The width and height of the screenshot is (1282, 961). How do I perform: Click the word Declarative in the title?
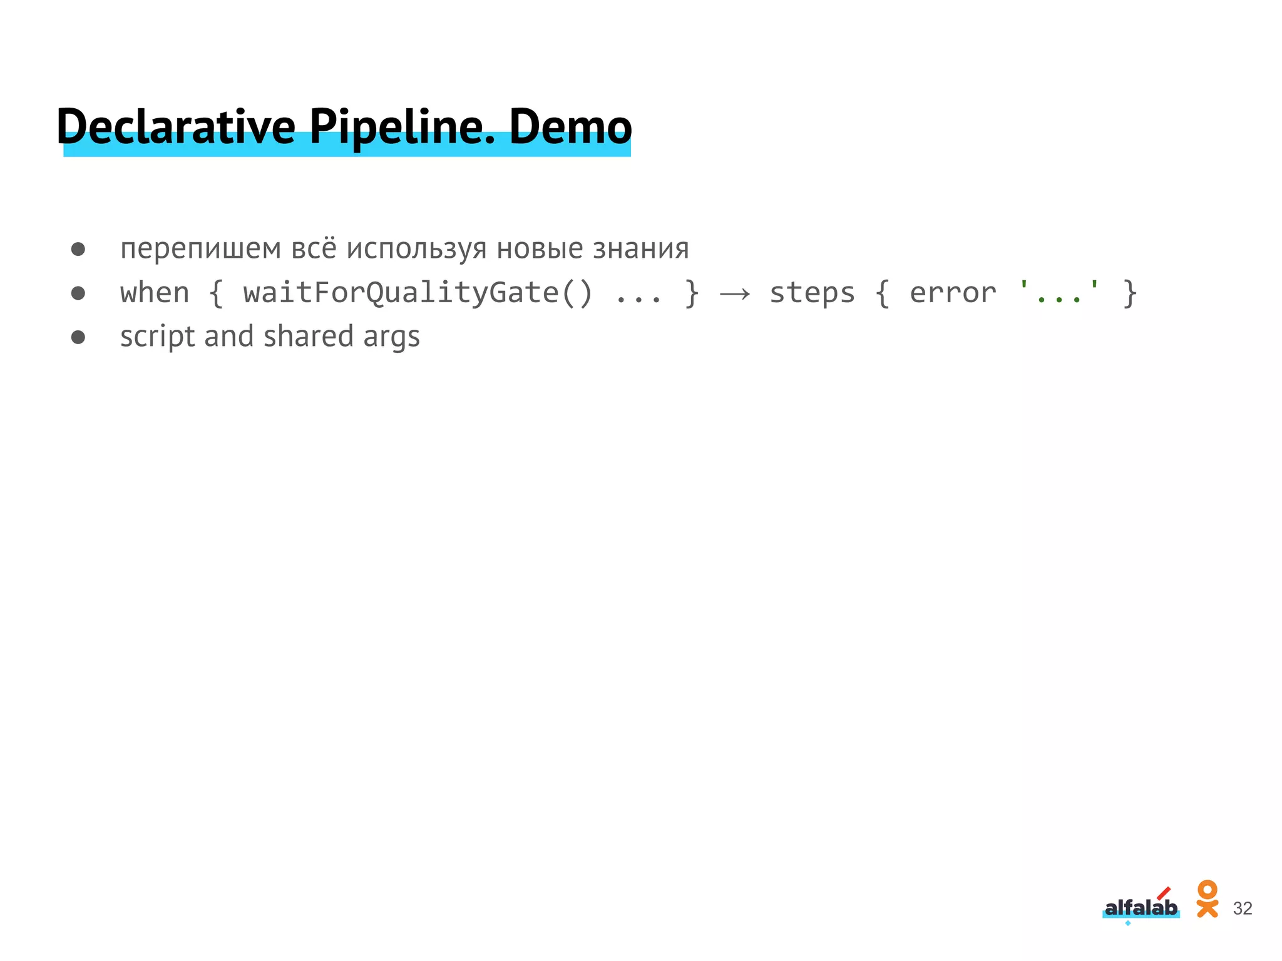(x=176, y=127)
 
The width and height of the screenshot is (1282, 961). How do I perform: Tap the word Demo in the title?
(x=570, y=127)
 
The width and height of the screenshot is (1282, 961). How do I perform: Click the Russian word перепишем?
(x=200, y=249)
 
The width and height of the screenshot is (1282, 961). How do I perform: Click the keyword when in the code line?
(x=155, y=293)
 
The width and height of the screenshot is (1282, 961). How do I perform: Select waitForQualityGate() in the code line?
(x=418, y=293)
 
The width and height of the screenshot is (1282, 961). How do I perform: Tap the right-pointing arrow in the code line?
(x=735, y=293)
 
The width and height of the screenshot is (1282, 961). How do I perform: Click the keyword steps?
(x=812, y=293)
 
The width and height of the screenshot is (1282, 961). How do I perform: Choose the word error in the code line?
(x=952, y=293)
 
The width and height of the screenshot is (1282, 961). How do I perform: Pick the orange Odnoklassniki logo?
(x=1207, y=899)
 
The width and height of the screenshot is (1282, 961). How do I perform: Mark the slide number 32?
(x=1243, y=908)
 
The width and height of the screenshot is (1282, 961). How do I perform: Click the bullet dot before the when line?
(x=78, y=293)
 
